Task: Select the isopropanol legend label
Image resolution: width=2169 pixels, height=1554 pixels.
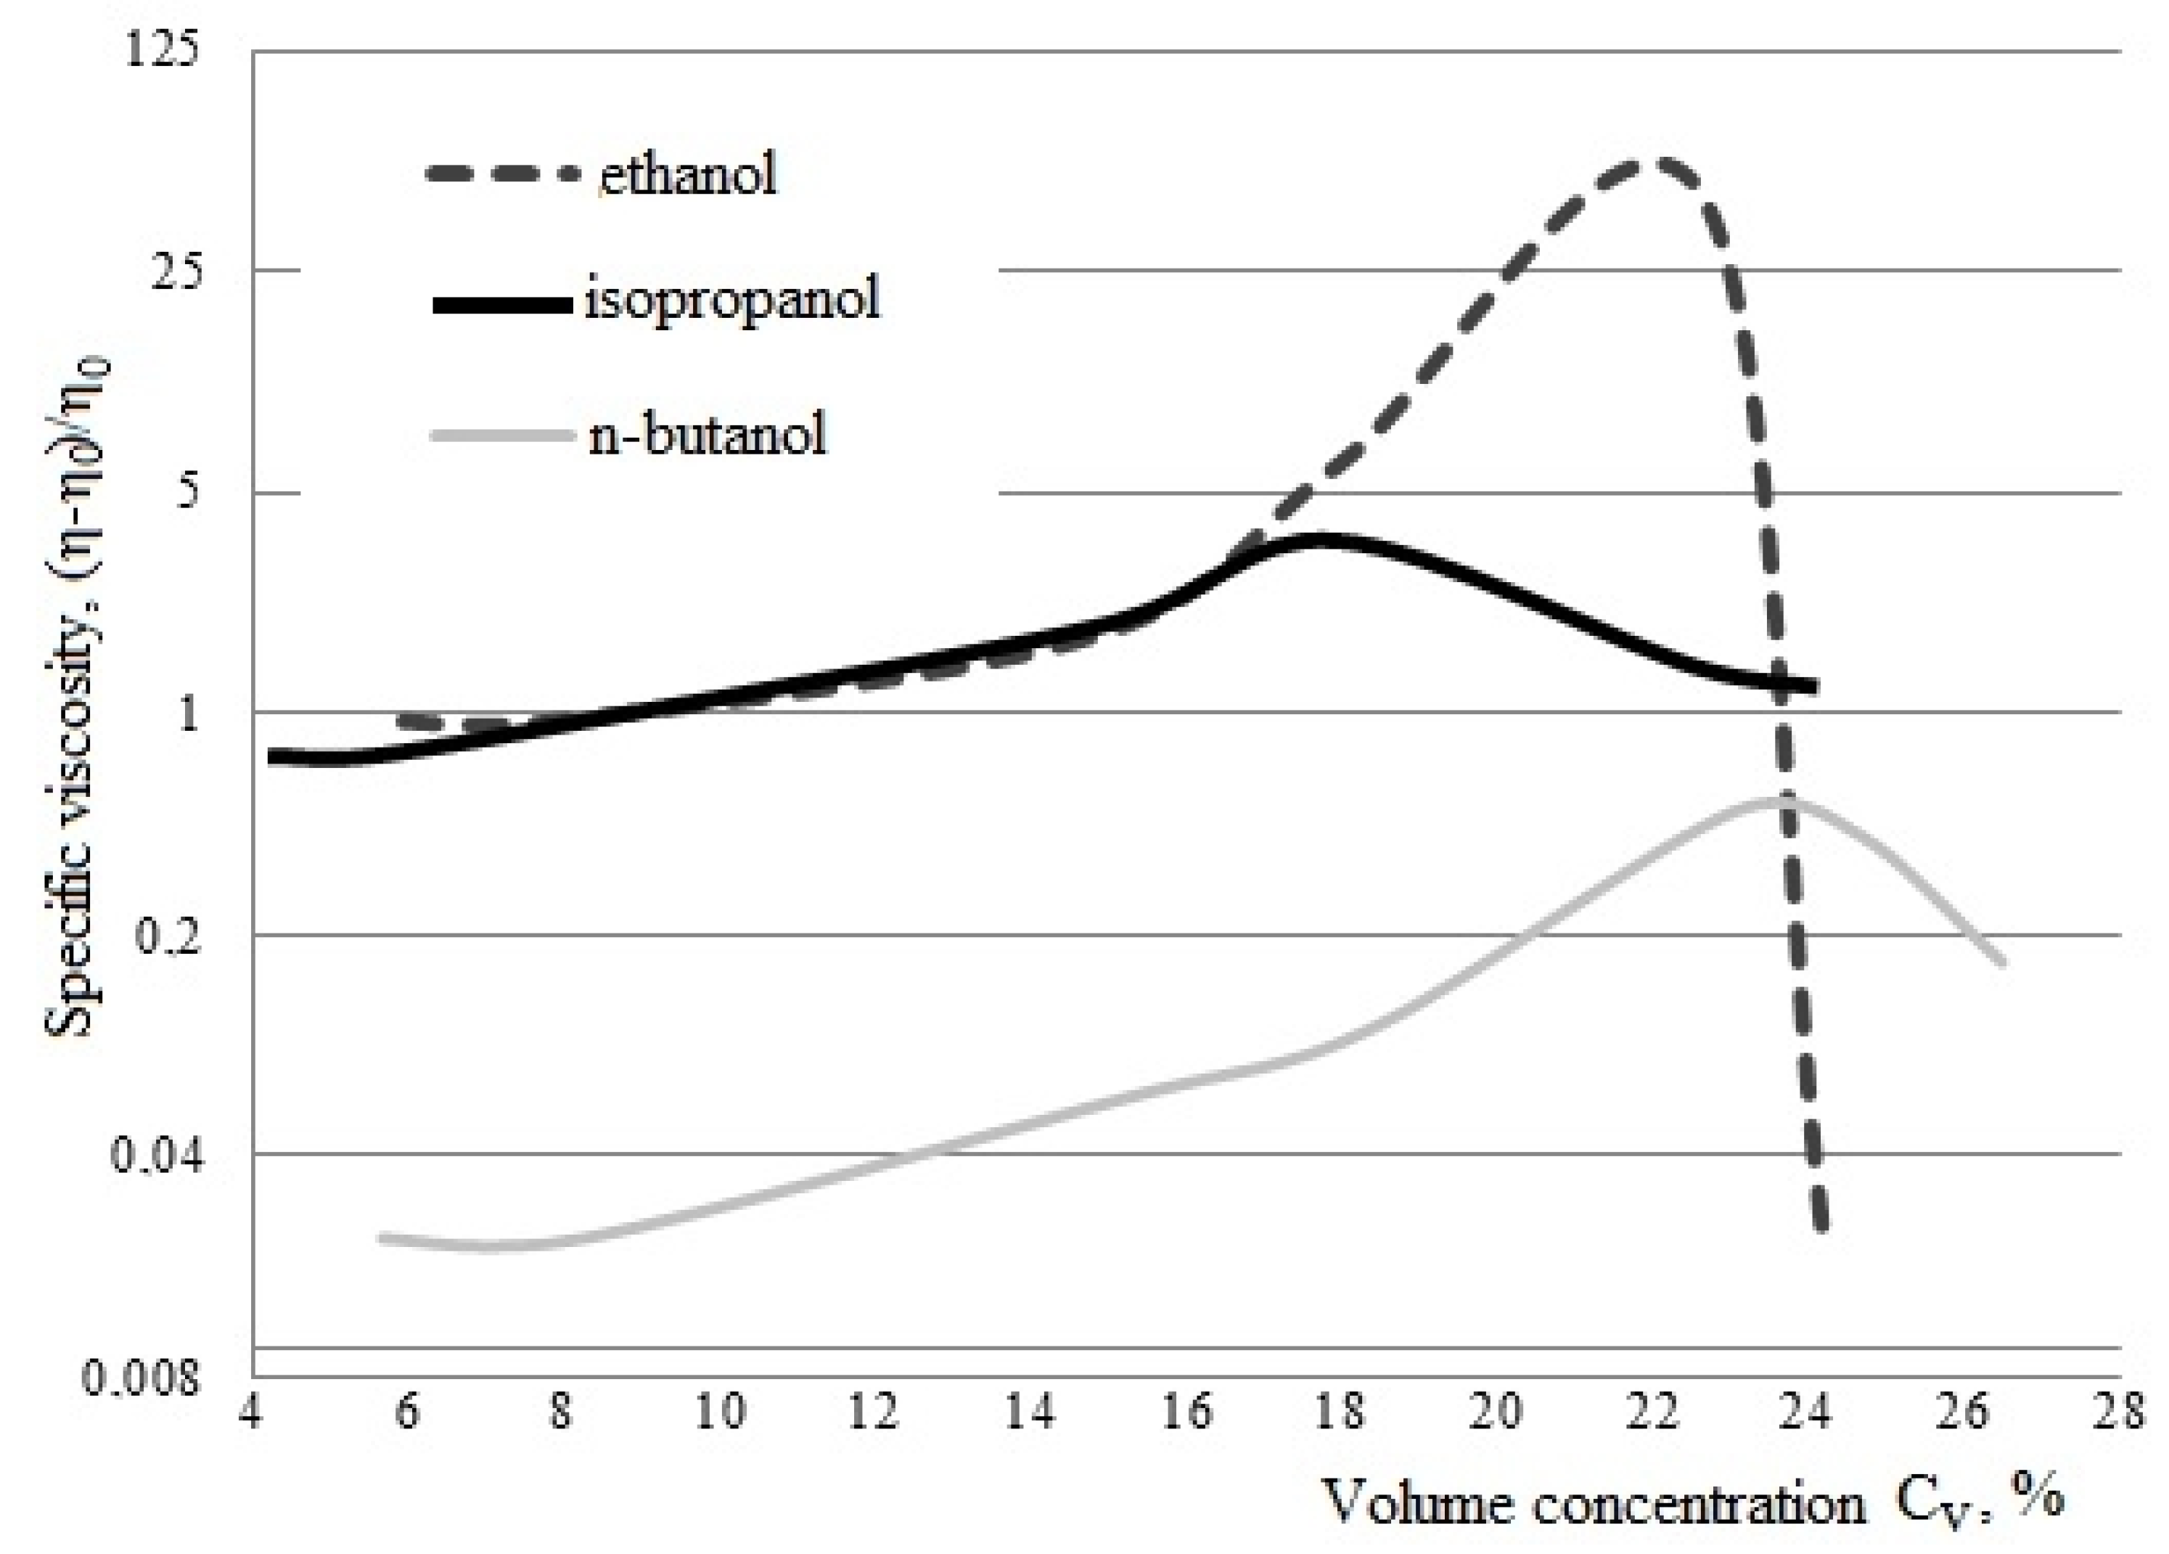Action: tap(731, 300)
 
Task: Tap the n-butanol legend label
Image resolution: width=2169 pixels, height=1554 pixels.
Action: tap(707, 435)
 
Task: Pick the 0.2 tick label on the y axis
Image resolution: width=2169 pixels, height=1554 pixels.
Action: tap(168, 936)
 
